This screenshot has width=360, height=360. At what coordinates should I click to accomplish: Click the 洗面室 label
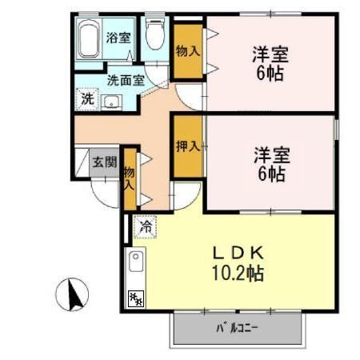tap(126, 80)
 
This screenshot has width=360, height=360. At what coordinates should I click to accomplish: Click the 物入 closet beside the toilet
tap(188, 50)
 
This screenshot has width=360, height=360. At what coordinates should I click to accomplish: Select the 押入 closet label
tap(187, 147)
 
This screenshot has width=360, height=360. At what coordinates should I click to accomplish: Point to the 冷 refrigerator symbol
tap(145, 228)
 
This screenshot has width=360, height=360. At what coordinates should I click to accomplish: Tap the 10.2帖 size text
tap(238, 273)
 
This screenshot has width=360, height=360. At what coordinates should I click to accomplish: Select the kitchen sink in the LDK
tap(136, 262)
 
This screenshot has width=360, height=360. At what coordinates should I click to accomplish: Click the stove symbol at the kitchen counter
tap(135, 298)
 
